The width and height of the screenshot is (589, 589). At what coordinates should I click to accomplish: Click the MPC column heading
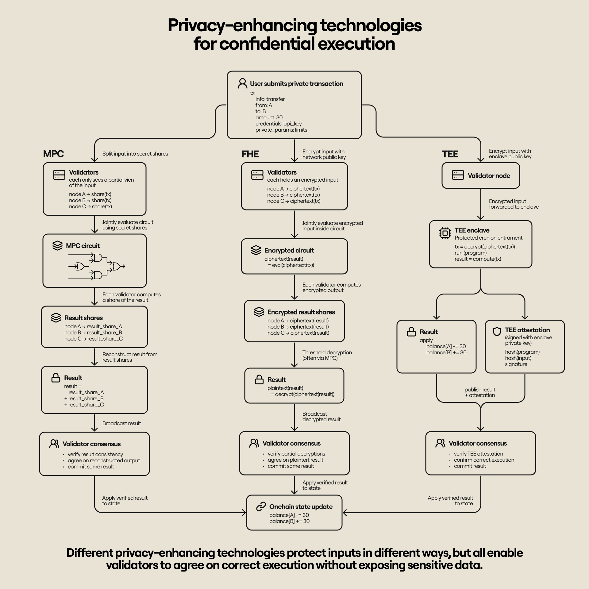53,154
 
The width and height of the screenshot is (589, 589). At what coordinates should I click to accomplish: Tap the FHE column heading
250,154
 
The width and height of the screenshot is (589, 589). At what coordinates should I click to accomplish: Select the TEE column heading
450,154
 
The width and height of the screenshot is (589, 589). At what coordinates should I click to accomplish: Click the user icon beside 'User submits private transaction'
242,83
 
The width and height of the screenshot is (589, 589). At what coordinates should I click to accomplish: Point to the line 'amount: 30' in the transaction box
269,117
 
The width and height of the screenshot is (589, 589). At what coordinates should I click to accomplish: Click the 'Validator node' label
489,176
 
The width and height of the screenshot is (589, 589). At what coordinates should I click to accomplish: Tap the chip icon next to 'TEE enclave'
445,233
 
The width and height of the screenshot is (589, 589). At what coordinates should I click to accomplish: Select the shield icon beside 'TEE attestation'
497,331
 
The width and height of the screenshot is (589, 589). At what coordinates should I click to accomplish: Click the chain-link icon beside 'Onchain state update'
261,506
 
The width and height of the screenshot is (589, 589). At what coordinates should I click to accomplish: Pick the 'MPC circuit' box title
83,246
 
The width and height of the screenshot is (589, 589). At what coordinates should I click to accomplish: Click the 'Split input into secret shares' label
135,154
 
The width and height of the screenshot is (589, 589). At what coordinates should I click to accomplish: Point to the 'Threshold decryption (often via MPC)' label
327,355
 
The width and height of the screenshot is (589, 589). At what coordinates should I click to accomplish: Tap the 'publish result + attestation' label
480,392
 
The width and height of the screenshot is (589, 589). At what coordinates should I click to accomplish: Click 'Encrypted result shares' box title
301,312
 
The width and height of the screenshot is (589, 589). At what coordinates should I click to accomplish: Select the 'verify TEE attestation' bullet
478,454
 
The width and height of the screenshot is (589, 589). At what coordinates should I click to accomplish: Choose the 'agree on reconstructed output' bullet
104,460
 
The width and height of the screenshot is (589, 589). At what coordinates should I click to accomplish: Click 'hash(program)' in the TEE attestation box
522,352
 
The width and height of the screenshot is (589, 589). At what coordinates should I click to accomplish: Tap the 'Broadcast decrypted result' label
321,417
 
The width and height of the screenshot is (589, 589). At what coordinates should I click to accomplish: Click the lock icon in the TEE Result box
411,332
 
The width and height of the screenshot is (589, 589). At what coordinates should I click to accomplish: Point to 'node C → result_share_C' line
93,339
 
